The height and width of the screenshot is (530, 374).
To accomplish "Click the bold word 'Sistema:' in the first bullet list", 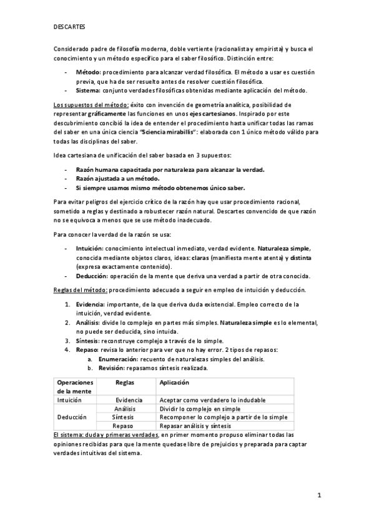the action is tap(89, 90).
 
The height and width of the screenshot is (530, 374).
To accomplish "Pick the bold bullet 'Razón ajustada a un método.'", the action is tap(117, 179).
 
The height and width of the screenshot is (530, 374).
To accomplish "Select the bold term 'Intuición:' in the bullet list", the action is tap(90, 248).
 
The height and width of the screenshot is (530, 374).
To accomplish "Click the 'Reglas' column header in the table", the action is tap(127, 382).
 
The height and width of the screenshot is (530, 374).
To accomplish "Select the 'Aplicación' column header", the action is tap(174, 382).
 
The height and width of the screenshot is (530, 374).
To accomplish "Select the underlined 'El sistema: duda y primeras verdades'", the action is tap(105, 434).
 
